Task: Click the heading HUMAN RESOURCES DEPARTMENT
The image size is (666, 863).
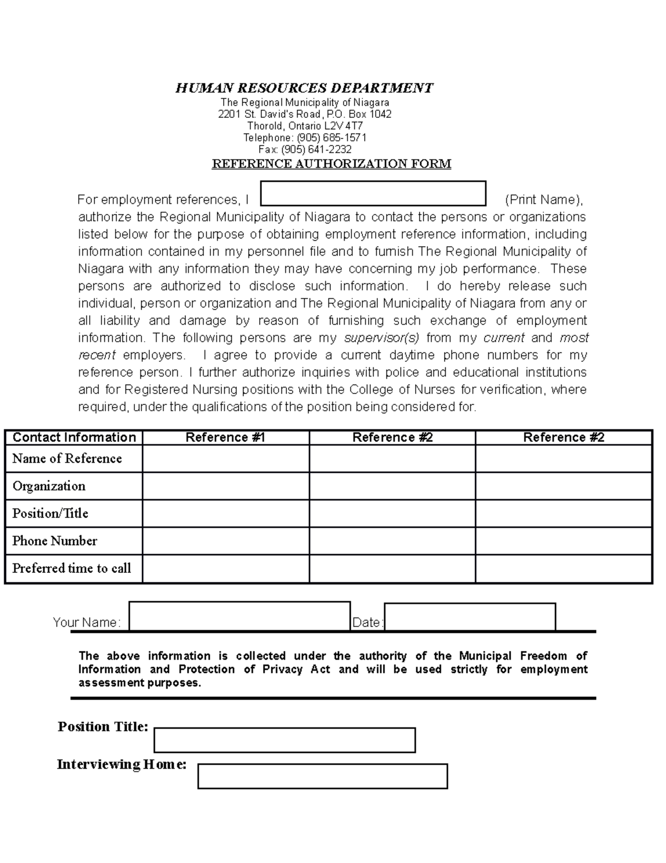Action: tap(304, 88)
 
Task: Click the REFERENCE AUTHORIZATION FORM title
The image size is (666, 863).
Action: tap(331, 163)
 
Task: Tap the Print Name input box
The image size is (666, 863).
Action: tap(373, 193)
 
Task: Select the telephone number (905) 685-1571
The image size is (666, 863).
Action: tap(331, 138)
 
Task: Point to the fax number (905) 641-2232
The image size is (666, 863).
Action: tap(316, 149)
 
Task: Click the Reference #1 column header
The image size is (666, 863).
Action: tap(225, 437)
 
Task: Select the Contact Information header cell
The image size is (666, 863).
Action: tap(74, 437)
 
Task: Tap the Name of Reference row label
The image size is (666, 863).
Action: tap(67, 458)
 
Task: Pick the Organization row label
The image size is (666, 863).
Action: tap(49, 486)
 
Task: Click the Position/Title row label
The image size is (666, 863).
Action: tap(51, 513)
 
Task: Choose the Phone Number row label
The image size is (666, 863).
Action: tap(54, 541)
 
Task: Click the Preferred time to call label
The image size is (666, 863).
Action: tap(72, 568)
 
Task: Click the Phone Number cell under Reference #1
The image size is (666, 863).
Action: tap(225, 541)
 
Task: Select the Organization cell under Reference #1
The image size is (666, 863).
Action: tap(225, 486)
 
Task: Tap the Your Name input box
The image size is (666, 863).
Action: tap(239, 616)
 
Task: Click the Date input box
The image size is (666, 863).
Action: tap(470, 617)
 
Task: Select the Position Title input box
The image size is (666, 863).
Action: tap(284, 740)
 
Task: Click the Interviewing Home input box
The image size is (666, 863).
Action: tap(322, 776)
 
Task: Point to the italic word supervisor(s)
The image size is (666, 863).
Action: tap(382, 338)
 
